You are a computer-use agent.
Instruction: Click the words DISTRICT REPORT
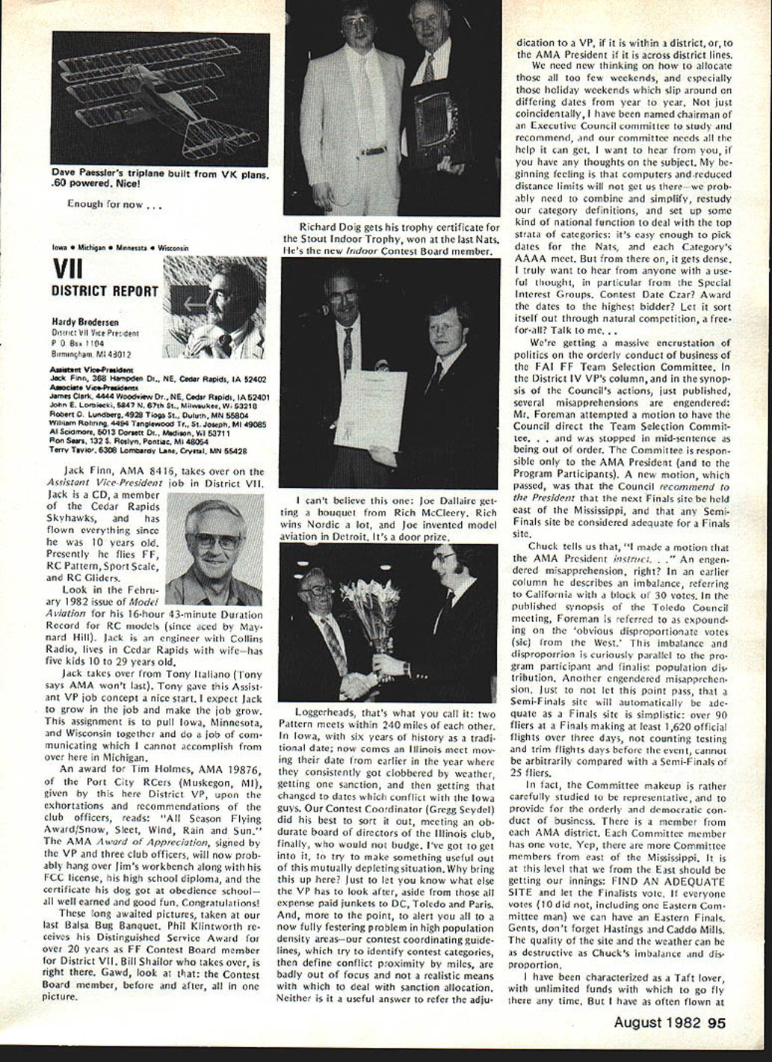[x=105, y=291]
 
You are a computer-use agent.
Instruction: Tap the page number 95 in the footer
[x=717, y=1024]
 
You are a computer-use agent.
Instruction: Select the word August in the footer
[x=638, y=1024]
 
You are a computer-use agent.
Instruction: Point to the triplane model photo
[x=160, y=99]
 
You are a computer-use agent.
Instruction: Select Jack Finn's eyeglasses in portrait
[x=217, y=540]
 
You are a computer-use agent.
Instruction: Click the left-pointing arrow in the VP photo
[x=195, y=303]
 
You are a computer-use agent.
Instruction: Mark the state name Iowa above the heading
[x=58, y=247]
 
